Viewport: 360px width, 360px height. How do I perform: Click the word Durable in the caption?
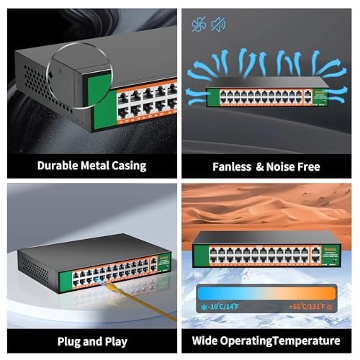click(x=57, y=166)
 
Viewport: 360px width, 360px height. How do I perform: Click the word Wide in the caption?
click(x=208, y=341)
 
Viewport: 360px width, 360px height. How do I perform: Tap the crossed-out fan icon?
click(x=199, y=25)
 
